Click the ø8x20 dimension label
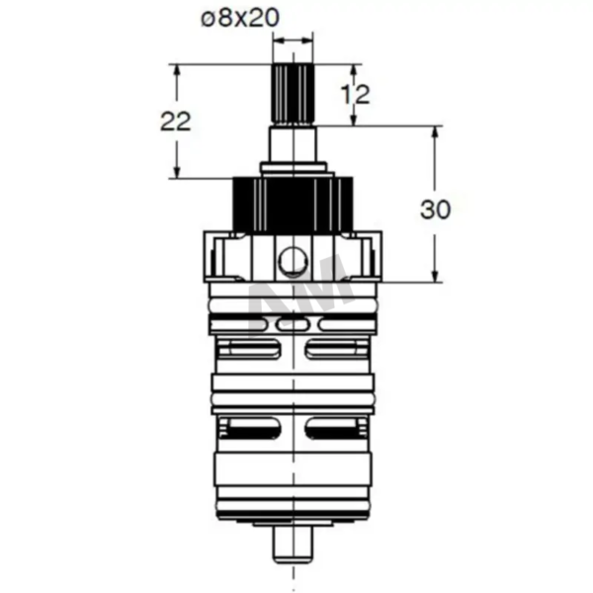(x=240, y=18)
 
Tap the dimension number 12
(x=355, y=94)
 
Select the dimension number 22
(x=176, y=122)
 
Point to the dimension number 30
(x=435, y=210)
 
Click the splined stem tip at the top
(x=294, y=94)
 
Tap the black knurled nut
(x=293, y=205)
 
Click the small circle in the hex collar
(x=294, y=261)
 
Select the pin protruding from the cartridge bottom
(x=294, y=545)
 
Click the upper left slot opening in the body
(x=250, y=349)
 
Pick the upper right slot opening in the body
(x=336, y=349)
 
